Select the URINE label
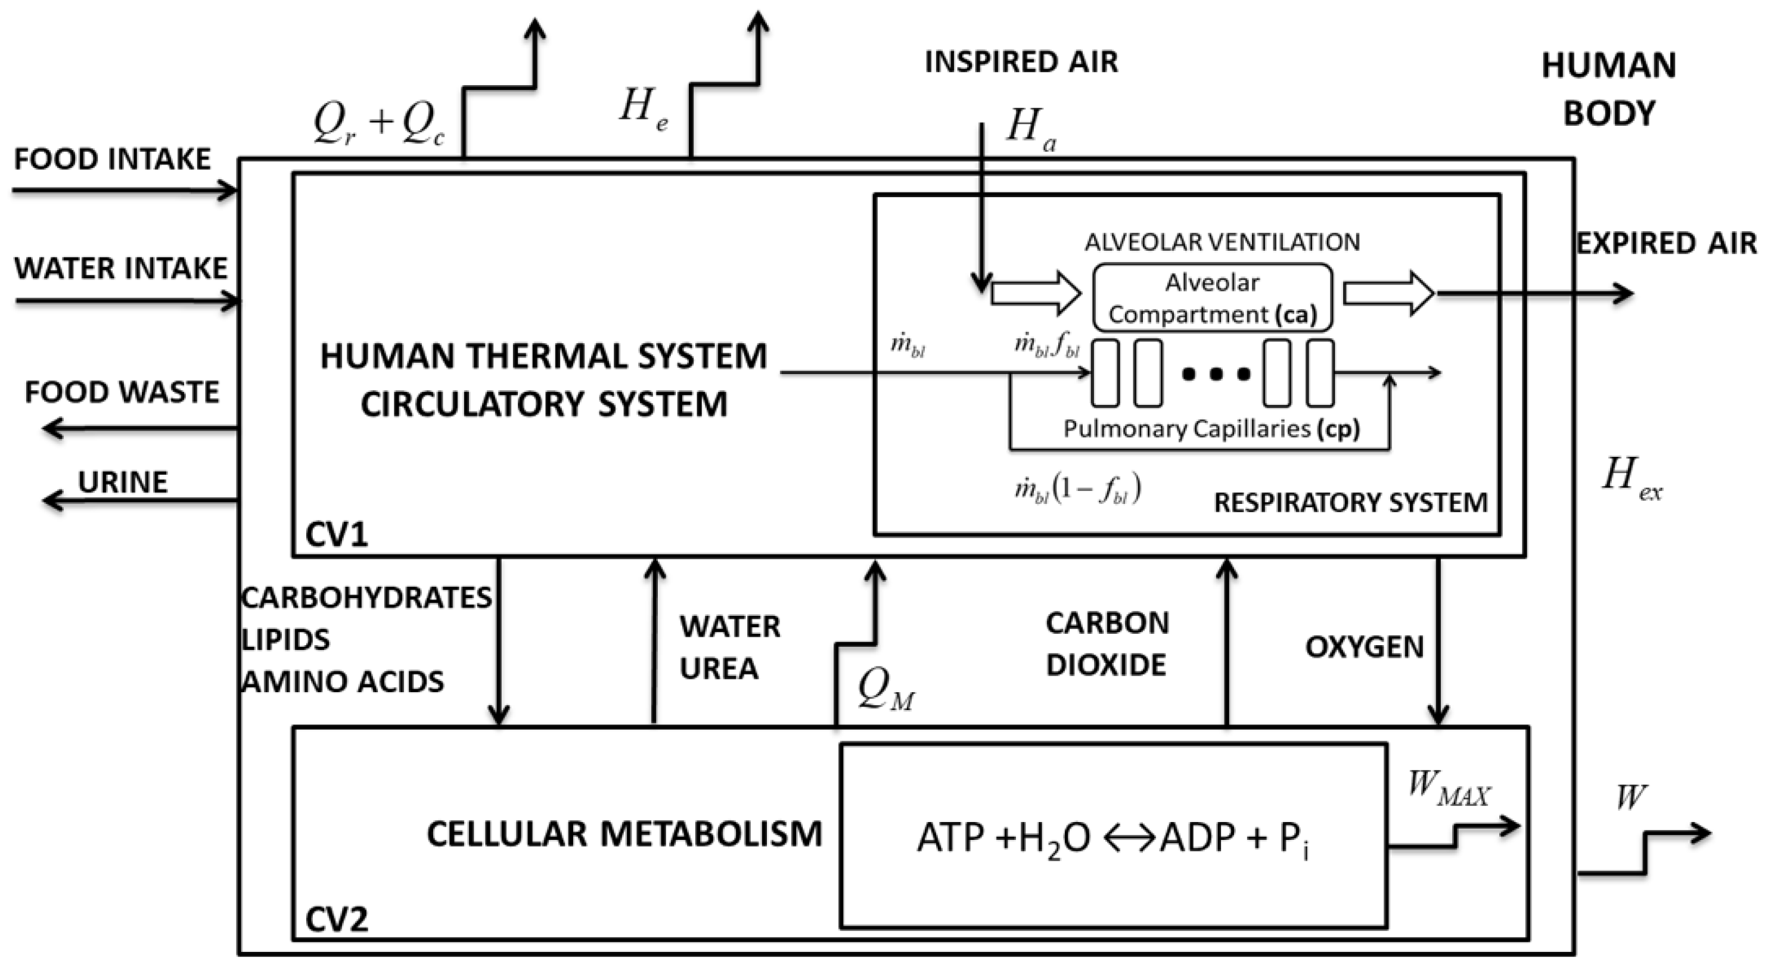point(123,482)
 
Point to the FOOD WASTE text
point(122,393)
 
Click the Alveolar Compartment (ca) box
point(1212,298)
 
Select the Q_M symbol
point(884,690)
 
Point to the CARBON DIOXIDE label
point(1107,644)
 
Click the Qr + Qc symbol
point(379,125)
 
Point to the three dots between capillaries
point(1216,374)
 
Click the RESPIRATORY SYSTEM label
point(1350,503)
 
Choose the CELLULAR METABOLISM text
point(623,834)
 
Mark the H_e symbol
point(643,110)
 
